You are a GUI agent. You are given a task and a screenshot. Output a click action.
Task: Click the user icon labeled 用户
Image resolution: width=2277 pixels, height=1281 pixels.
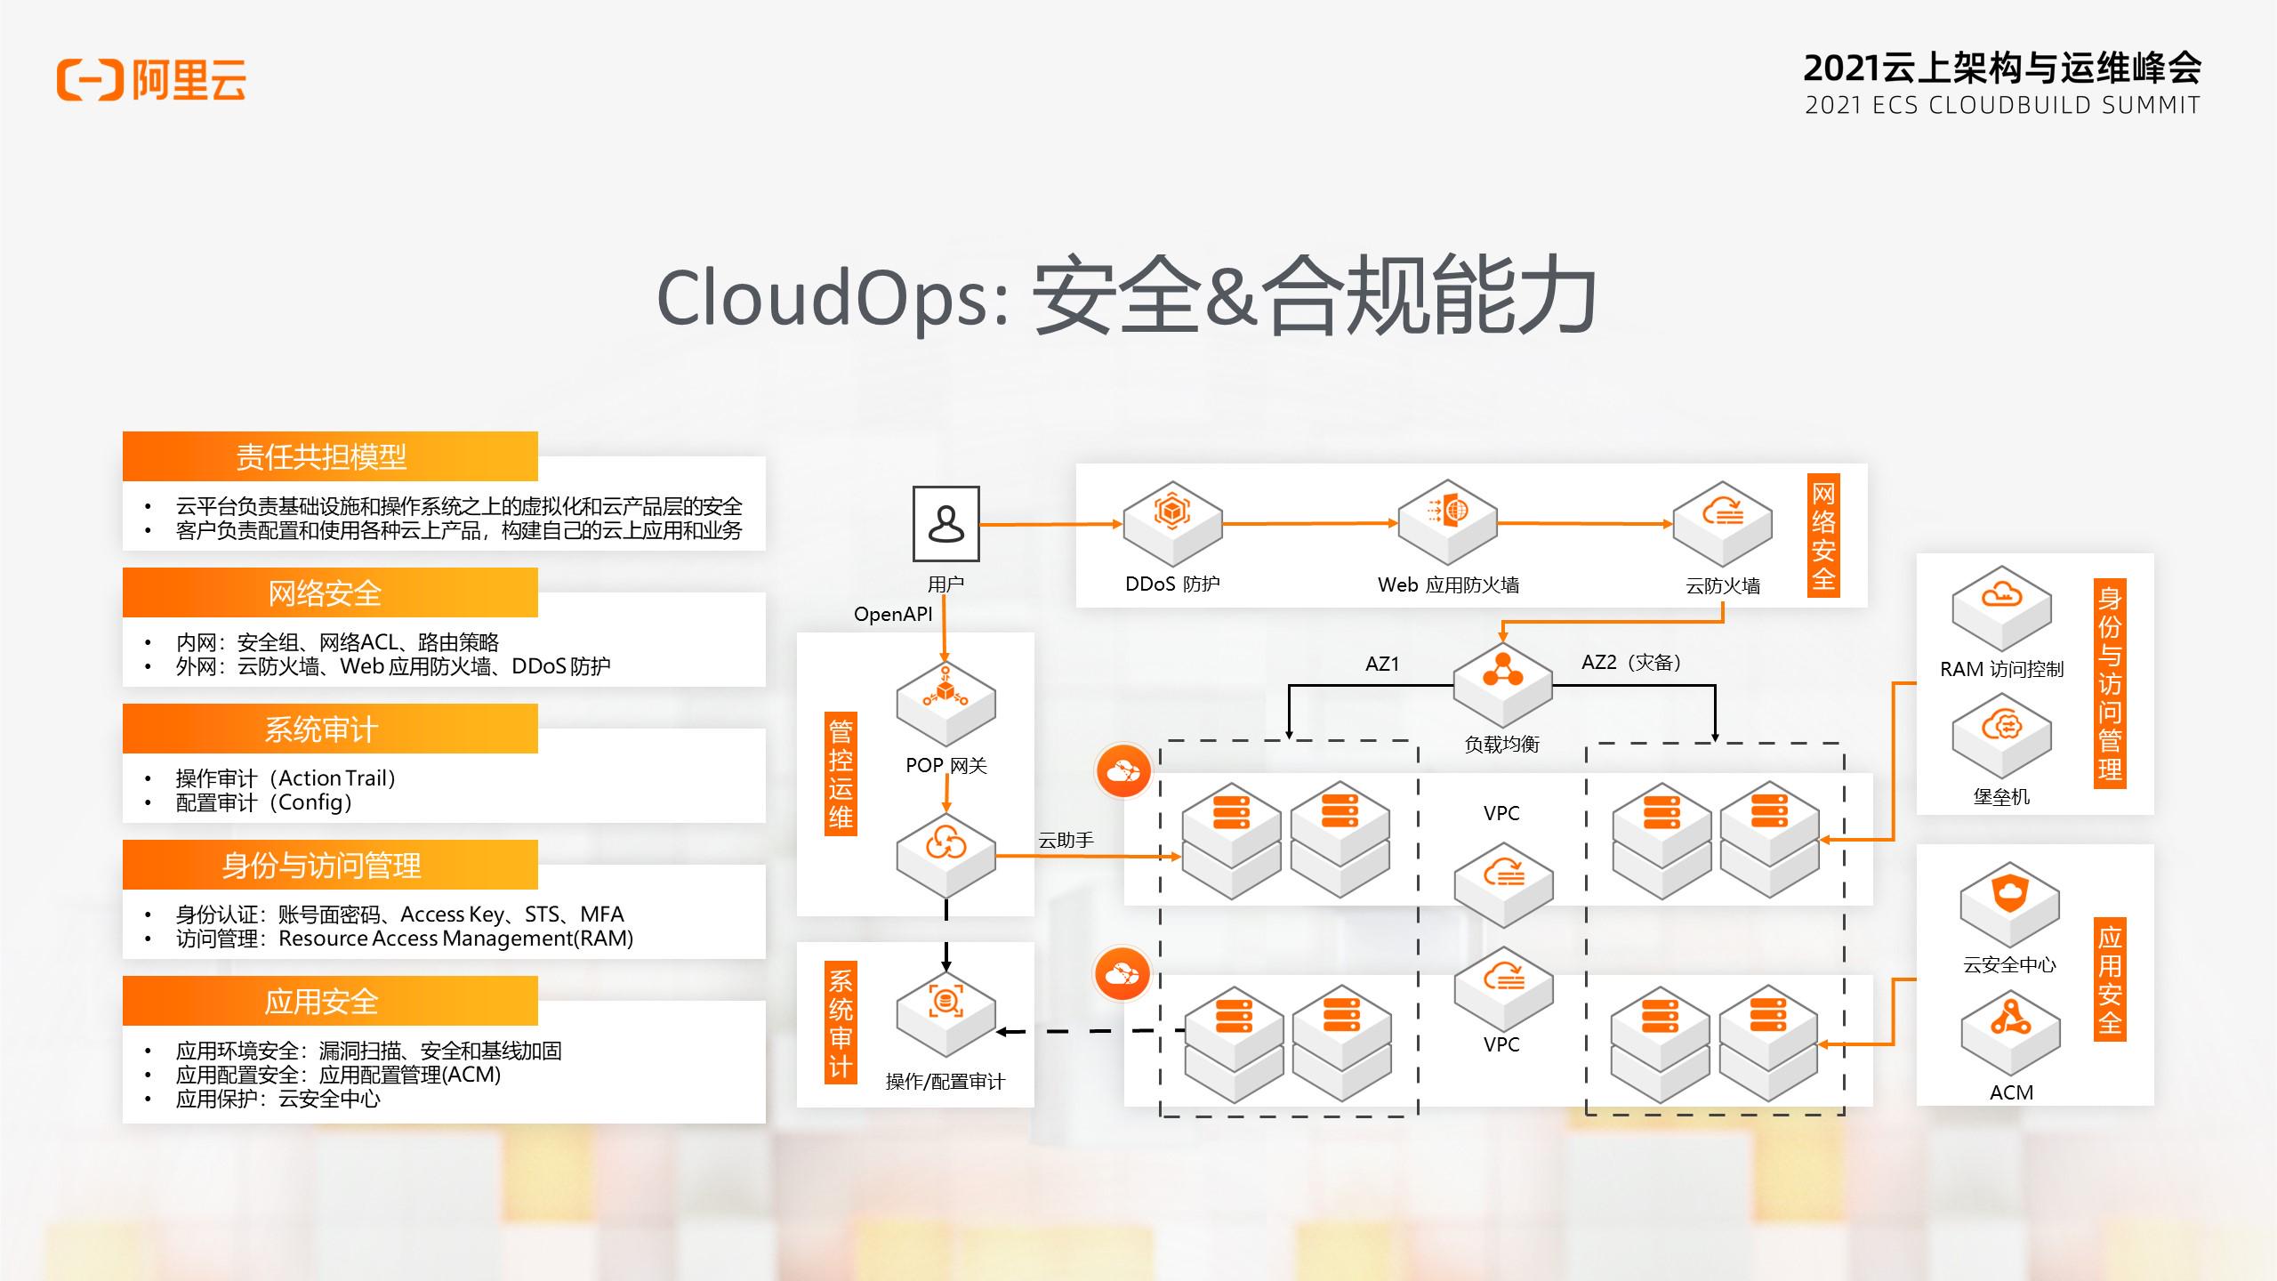tap(946, 524)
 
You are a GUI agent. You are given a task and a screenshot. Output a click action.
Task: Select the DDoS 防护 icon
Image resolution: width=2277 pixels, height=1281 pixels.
tap(1172, 524)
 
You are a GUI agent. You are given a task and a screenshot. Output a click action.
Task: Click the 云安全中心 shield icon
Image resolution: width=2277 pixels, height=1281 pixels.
tap(2009, 903)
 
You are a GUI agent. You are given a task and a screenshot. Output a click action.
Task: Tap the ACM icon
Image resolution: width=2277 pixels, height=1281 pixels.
tap(2010, 1031)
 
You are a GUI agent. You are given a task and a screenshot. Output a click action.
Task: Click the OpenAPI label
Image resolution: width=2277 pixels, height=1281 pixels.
tap(893, 615)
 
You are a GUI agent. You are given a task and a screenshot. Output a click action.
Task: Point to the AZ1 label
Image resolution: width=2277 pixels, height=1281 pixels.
tap(1382, 664)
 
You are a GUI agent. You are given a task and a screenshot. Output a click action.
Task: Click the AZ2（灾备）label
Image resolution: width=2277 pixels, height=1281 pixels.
tap(1631, 663)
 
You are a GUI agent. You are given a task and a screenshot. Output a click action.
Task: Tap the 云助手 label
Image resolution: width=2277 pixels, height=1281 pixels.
tap(1066, 841)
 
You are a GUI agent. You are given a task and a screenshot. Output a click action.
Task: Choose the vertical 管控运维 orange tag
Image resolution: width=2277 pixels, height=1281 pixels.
tap(841, 773)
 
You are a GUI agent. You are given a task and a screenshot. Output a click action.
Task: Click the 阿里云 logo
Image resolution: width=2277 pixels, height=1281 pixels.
tap(151, 80)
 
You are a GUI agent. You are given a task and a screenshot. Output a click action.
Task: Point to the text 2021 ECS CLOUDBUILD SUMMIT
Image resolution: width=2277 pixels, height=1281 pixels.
tap(2002, 105)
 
